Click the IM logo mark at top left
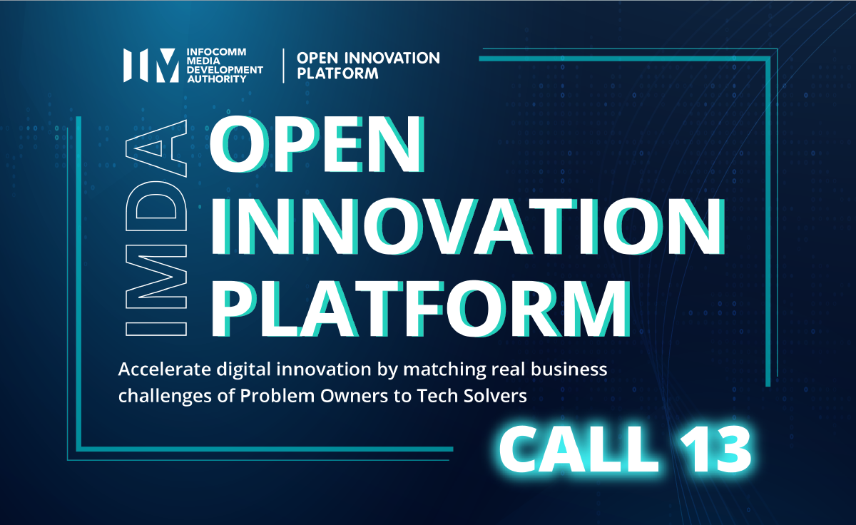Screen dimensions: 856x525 point(151,66)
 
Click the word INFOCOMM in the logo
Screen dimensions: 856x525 point(216,52)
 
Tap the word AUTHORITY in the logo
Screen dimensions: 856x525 point(217,79)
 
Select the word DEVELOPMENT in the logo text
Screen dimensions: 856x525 point(225,70)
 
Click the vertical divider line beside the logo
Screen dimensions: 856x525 point(283,66)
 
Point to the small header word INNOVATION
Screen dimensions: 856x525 point(392,58)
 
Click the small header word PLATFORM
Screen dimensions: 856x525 point(338,73)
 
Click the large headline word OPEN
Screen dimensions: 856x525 point(317,145)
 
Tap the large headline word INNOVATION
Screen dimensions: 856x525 point(468,226)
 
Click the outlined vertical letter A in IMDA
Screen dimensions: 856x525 point(156,148)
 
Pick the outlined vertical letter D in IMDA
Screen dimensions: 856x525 point(156,206)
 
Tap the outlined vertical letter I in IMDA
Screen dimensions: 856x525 point(156,329)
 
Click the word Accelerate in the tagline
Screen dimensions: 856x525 point(164,369)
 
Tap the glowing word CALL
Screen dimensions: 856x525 point(579,449)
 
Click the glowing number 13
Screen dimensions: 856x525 point(715,449)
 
